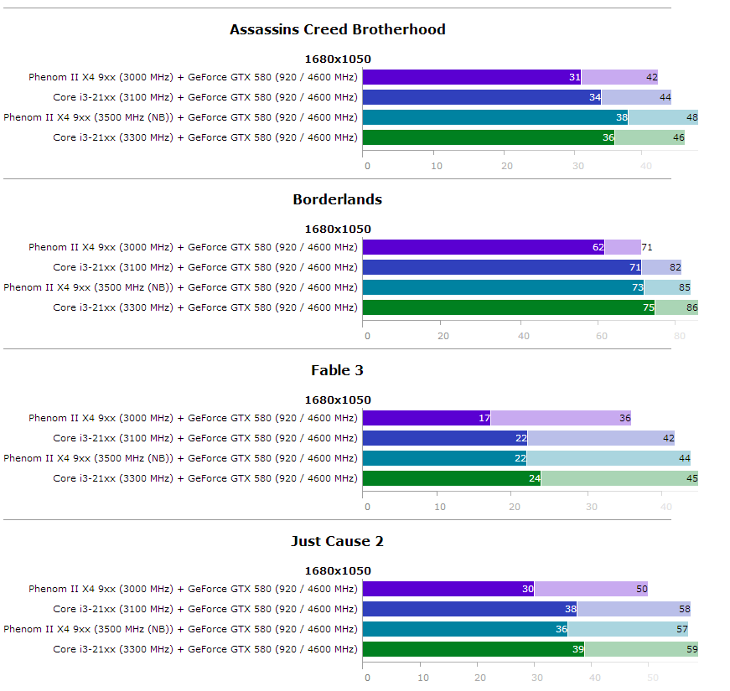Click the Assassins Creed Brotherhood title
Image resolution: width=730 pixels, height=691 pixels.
(337, 29)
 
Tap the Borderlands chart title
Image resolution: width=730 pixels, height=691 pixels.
(337, 199)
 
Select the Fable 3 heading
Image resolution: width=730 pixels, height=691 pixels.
(337, 370)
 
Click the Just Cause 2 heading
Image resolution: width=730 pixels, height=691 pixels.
(337, 541)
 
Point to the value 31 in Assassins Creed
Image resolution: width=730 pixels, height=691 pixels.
(574, 77)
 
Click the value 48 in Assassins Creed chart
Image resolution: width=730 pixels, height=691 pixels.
(692, 117)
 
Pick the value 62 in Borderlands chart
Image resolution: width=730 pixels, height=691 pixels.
(598, 248)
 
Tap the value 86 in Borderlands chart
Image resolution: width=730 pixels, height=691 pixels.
(691, 307)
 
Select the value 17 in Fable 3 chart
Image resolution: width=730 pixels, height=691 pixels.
(484, 419)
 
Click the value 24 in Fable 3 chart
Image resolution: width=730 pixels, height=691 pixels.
(533, 478)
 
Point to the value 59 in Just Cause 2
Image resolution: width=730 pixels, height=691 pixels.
(691, 649)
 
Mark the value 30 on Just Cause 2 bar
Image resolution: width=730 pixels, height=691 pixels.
(528, 589)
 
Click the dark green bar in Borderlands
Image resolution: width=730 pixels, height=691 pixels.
(503, 307)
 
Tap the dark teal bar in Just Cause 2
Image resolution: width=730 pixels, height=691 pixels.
(461, 629)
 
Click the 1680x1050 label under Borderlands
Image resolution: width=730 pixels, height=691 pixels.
(337, 229)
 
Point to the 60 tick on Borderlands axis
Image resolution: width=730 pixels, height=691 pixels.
(601, 336)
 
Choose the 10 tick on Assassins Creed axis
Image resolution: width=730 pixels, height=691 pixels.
(437, 166)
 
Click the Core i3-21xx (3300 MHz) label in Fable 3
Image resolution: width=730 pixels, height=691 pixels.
(205, 478)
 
